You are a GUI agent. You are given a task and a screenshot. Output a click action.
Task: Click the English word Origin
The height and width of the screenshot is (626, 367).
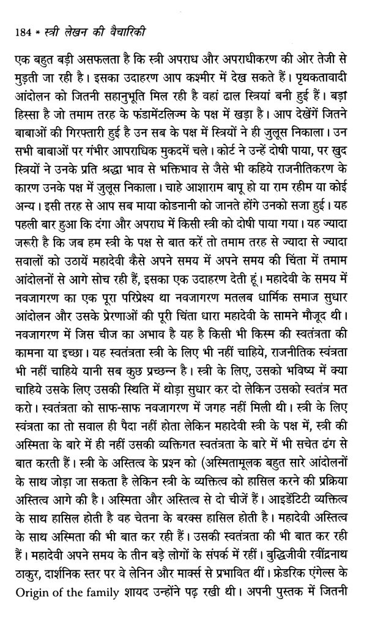(x=29, y=611)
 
